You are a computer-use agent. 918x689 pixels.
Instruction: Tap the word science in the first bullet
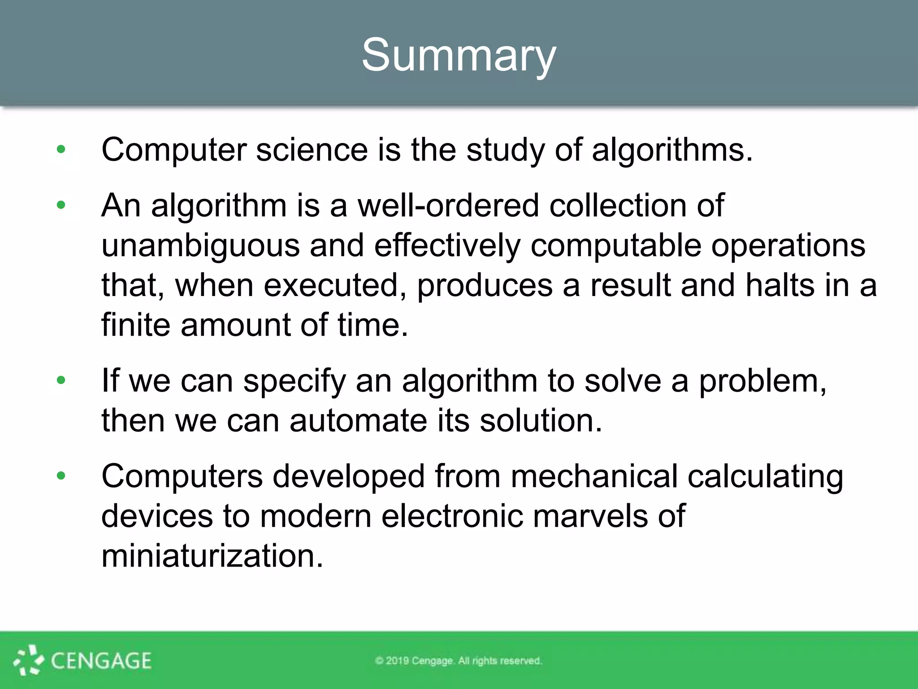[312, 150]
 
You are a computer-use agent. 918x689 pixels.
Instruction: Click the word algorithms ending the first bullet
[671, 150]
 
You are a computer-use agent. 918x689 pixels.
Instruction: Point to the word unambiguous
[200, 246]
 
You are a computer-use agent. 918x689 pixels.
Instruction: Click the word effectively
[447, 246]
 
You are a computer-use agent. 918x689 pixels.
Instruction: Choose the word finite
[136, 325]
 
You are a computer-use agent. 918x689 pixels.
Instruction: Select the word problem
[762, 381]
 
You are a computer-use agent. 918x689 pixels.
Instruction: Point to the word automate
[358, 421]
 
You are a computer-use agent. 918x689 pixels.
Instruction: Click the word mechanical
[594, 476]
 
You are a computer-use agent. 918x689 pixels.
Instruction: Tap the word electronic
[452, 516]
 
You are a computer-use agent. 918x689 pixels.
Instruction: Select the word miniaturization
[212, 556]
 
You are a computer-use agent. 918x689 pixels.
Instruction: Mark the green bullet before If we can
[61, 381]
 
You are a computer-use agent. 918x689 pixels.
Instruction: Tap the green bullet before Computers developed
[61, 476]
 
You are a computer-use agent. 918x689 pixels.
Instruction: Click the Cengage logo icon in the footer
[28, 660]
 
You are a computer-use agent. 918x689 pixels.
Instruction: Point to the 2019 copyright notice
[459, 661]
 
